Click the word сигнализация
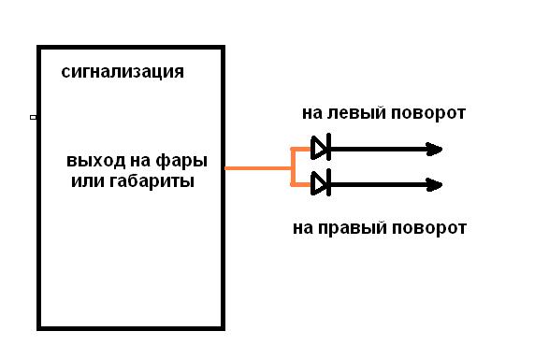click(123, 72)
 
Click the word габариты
click(152, 181)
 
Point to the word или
click(88, 181)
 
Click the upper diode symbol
click(321, 147)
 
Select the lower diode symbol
click(321, 182)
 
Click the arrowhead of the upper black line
click(434, 150)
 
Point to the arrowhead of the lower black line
click(434, 184)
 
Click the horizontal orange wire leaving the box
click(258, 168)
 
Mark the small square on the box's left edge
click(34, 117)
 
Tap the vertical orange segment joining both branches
click(292, 166)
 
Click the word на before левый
click(312, 114)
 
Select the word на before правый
click(303, 229)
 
